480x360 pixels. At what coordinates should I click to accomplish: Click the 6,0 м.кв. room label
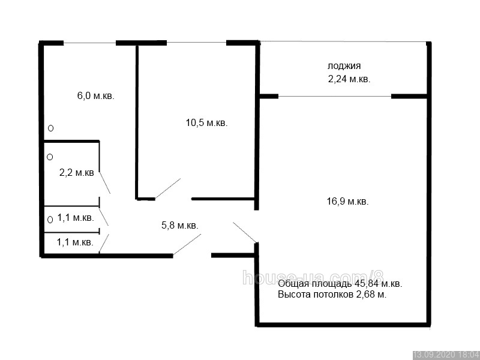[95, 96]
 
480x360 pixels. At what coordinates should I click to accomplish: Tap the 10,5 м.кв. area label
[206, 123]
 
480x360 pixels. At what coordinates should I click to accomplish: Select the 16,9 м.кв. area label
[348, 202]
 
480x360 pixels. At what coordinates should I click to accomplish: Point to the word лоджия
[344, 66]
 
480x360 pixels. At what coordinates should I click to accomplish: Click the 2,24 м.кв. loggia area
[349, 79]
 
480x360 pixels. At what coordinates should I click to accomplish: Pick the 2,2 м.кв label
[77, 173]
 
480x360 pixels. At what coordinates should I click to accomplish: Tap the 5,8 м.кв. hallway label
[179, 226]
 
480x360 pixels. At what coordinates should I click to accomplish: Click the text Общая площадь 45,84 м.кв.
[340, 284]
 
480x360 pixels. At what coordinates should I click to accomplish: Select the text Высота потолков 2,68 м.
[332, 295]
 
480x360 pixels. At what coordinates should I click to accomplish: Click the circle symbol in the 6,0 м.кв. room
[51, 128]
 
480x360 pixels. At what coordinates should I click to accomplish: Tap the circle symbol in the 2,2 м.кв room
[50, 157]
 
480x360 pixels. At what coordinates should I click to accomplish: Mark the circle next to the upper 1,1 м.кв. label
[50, 220]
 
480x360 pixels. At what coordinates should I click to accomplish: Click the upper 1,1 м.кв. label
[76, 218]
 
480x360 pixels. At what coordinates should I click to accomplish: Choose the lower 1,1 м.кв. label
[75, 242]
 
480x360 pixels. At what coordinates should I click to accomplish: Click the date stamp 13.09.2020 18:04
[446, 355]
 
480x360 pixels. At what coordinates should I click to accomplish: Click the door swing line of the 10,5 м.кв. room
[168, 188]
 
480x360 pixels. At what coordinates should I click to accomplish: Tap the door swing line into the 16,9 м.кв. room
[245, 232]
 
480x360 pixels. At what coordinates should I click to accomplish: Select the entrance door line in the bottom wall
[187, 244]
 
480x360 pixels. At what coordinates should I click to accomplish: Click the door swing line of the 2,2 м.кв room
[104, 182]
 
